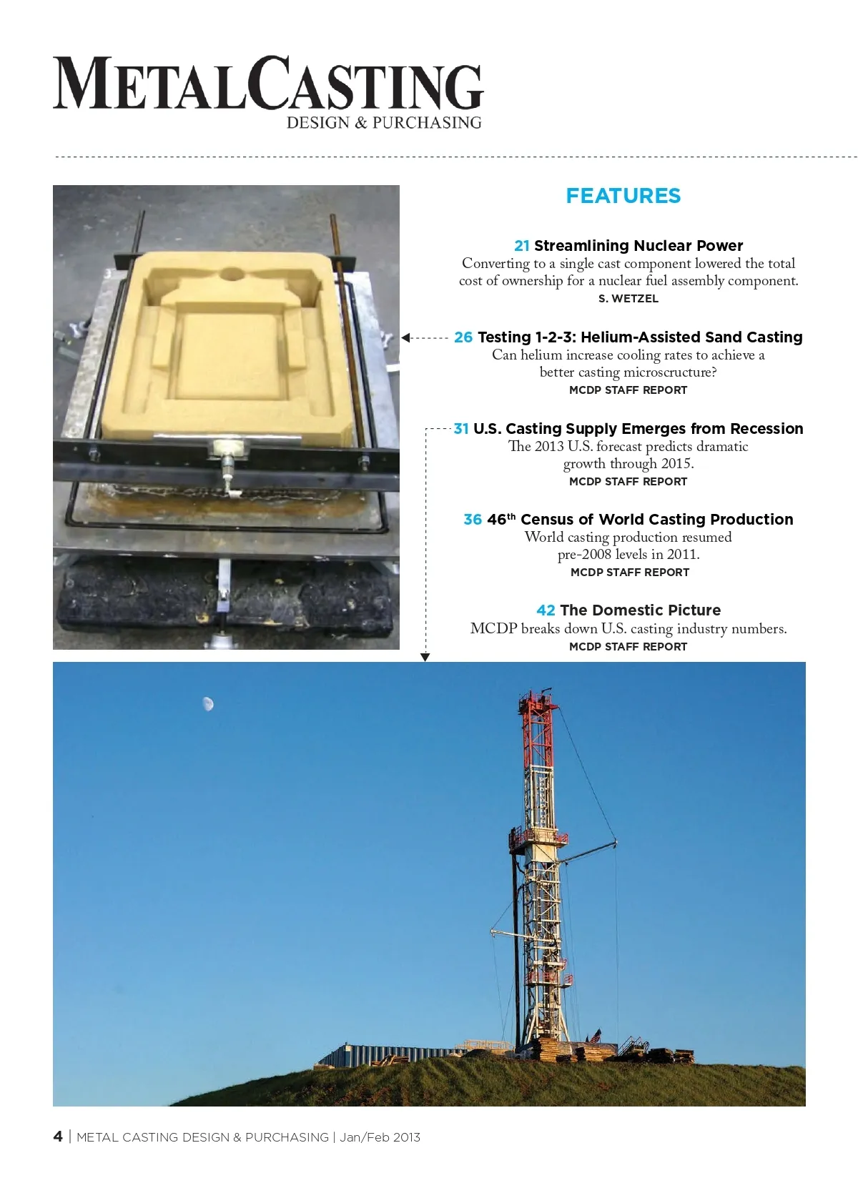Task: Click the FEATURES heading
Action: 623,196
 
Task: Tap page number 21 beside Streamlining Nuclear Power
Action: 522,246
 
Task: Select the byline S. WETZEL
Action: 628,299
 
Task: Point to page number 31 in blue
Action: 461,429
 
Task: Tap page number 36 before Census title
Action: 473,520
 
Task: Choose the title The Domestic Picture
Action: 640,610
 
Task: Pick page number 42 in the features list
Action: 546,610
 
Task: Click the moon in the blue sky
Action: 207,704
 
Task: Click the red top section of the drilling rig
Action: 537,722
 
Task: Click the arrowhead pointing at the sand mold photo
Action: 405,337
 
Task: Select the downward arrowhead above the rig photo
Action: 425,657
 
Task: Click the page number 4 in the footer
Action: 58,1137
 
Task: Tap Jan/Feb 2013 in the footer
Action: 380,1137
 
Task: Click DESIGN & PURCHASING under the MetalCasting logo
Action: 384,123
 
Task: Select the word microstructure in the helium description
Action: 670,372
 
